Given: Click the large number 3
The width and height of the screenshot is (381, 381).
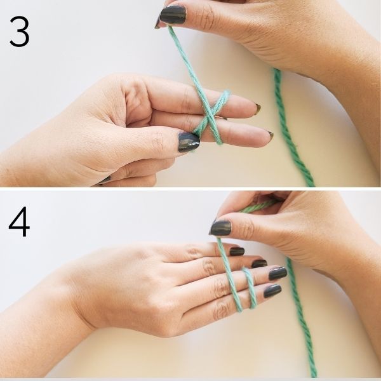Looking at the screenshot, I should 19,32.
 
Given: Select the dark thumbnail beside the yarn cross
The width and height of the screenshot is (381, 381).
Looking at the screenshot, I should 189,142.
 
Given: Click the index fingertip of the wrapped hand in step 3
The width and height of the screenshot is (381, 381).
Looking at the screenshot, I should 257,109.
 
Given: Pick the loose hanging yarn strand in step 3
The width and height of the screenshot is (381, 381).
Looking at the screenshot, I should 289,127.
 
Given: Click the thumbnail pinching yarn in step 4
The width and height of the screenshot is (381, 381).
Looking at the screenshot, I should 221,228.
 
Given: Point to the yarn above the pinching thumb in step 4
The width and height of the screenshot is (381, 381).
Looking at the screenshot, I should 251,206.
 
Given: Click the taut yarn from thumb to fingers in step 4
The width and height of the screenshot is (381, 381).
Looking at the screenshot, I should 227,267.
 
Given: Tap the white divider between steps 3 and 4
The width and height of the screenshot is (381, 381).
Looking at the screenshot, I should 190,189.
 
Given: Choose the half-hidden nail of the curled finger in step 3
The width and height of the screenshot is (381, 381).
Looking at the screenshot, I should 104,180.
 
